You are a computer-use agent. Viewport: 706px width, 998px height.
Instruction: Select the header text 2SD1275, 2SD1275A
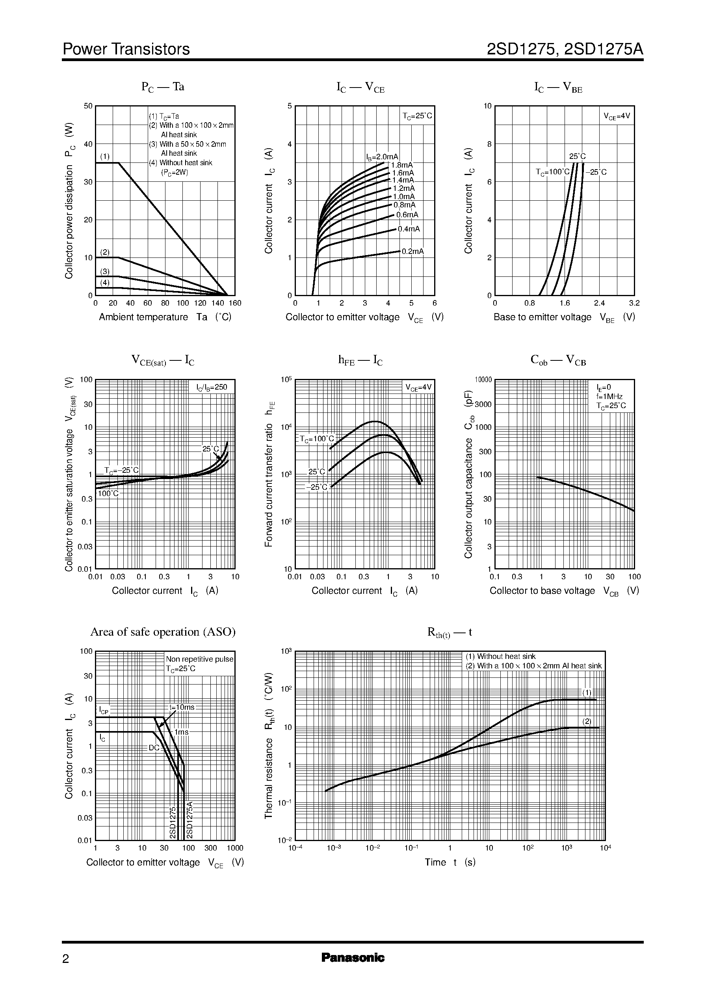coord(565,49)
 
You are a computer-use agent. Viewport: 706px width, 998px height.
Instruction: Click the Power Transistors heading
coord(126,49)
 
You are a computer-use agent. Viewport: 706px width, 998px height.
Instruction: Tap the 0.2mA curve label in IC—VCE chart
coord(412,252)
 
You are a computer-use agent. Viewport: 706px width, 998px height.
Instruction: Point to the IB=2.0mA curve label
coord(382,157)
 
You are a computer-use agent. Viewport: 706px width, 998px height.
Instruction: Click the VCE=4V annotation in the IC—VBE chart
coord(617,116)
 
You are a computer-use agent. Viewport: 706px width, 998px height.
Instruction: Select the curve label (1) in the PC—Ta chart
coord(105,156)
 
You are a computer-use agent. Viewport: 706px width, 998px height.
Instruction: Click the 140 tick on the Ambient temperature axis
coord(217,303)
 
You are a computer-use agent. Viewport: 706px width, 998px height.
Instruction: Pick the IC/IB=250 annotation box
coord(212,387)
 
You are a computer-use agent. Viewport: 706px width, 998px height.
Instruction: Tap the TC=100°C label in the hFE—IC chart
coord(317,438)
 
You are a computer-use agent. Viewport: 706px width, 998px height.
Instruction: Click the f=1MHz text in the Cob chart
coord(609,396)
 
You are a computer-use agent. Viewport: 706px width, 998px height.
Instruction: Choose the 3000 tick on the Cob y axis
coord(483,404)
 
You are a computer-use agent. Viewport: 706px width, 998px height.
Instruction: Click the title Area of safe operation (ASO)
coord(163,632)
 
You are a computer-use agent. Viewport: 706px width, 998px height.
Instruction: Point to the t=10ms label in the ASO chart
coord(182,707)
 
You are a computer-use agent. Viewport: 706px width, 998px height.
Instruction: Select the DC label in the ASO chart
coord(154,748)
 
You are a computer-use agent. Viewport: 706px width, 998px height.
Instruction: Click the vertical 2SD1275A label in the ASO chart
coord(189,819)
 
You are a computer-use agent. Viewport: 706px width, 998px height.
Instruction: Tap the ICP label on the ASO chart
coord(104,711)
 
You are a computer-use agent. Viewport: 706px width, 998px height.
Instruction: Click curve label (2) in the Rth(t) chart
coord(587,721)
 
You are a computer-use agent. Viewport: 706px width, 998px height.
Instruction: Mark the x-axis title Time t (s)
coord(450,862)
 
